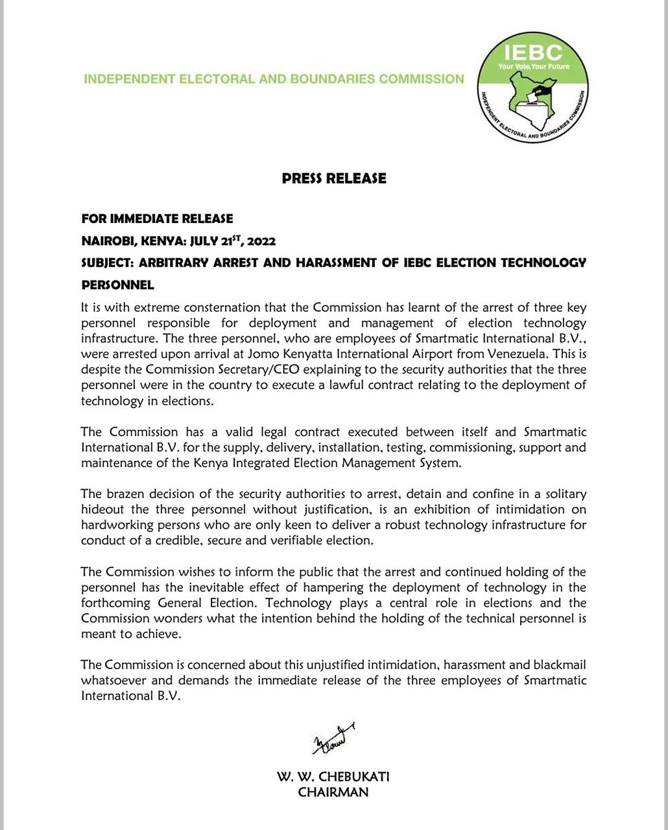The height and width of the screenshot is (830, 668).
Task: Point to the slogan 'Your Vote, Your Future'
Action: [x=533, y=66]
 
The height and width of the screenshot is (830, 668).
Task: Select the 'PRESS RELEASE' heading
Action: [x=334, y=178]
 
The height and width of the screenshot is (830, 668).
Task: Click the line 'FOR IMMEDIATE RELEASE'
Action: [x=157, y=219]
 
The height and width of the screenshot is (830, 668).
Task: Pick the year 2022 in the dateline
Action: [x=261, y=241]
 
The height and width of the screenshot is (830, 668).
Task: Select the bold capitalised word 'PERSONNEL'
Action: [x=117, y=285]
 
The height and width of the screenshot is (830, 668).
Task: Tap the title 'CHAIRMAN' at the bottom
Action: [x=333, y=792]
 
